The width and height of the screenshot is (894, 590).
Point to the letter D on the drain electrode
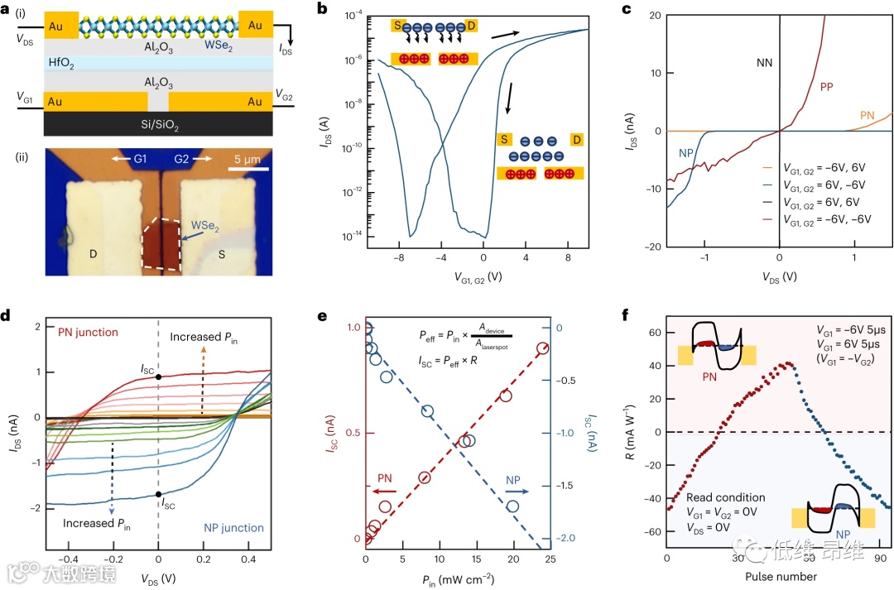(x=94, y=254)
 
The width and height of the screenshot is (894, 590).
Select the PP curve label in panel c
(x=827, y=86)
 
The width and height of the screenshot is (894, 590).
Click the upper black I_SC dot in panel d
(x=158, y=377)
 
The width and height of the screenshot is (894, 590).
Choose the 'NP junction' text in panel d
(x=234, y=527)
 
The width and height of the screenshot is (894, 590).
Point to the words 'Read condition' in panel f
(x=726, y=497)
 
